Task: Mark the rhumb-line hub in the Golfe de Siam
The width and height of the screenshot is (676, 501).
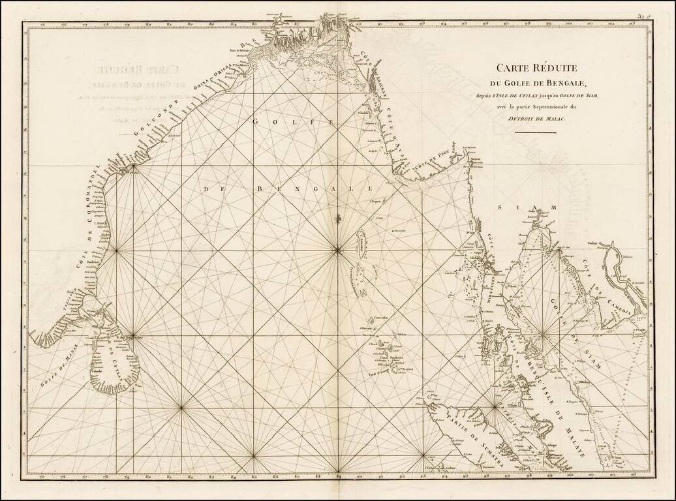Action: (x=544, y=335)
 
